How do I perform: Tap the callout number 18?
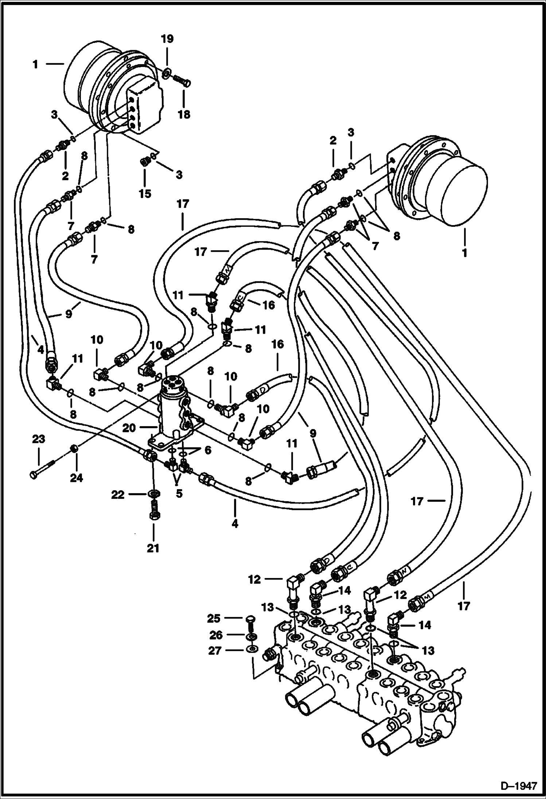coord(184,114)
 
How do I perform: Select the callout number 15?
coord(145,193)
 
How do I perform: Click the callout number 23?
coord(38,439)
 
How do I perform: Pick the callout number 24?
coord(77,477)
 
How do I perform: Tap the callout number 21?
coord(153,548)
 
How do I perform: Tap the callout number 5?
coord(179,495)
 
